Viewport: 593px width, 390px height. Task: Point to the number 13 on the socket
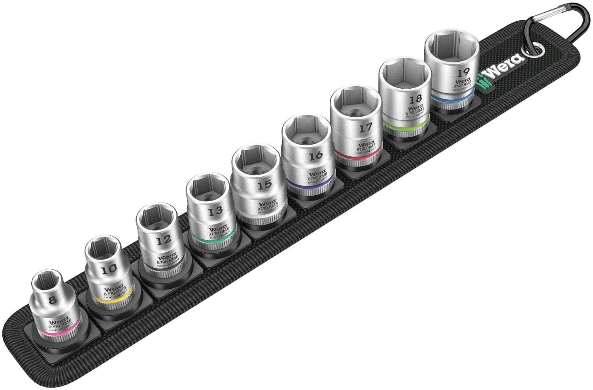click(215, 211)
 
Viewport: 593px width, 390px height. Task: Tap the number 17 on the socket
click(366, 128)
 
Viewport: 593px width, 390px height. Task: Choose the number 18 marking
click(415, 99)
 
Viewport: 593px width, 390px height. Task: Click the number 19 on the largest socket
click(463, 72)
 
